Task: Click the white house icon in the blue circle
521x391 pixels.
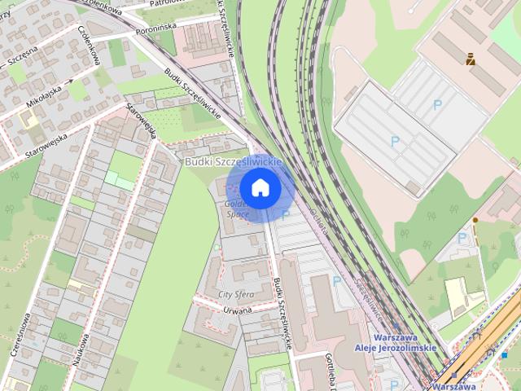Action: [260, 187]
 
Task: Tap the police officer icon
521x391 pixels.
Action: [471, 59]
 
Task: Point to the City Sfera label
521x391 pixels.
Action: [237, 292]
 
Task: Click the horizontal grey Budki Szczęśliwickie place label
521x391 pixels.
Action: [232, 162]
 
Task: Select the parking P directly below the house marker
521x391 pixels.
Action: [285, 215]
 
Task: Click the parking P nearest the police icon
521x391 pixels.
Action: [438, 104]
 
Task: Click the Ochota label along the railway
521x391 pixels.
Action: [319, 220]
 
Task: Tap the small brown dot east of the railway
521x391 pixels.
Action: [475, 220]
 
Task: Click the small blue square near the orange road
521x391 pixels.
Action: [505, 355]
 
